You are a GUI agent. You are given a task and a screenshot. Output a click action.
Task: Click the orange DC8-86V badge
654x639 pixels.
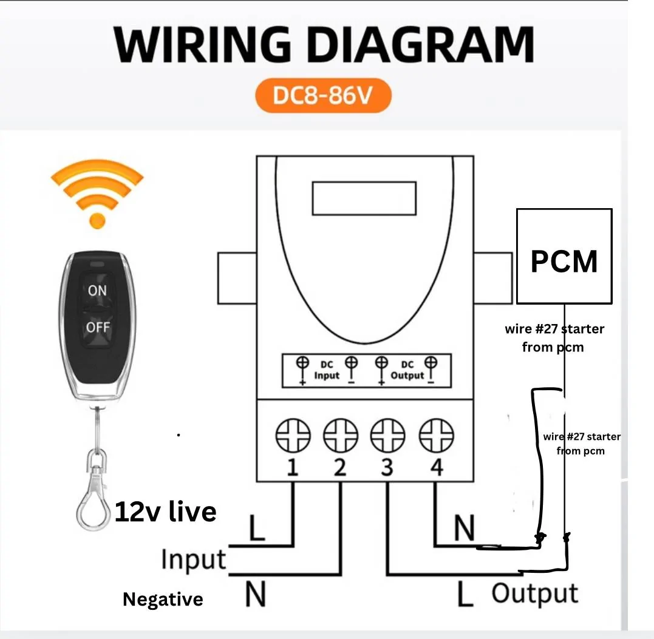click(323, 95)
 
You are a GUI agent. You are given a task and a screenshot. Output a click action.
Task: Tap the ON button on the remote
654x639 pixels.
click(97, 290)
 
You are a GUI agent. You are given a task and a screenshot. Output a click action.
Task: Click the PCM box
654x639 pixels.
click(564, 256)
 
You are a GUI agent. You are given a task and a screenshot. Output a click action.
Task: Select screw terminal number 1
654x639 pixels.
click(293, 436)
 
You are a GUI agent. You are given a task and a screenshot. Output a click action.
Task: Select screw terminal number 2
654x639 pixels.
click(341, 436)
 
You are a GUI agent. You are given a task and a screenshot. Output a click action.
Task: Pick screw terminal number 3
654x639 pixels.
click(388, 436)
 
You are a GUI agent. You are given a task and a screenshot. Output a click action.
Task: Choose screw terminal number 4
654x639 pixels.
click(436, 436)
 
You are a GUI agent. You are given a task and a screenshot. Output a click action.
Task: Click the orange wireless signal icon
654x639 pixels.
click(97, 194)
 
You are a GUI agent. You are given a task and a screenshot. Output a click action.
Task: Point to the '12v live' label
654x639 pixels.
click(166, 512)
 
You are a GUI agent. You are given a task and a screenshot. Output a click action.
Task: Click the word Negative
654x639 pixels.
click(163, 599)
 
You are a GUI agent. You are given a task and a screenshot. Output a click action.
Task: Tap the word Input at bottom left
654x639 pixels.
click(194, 559)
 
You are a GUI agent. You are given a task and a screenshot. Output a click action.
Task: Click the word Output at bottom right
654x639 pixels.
click(535, 593)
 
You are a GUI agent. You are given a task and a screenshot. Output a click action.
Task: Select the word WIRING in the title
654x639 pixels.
click(202, 44)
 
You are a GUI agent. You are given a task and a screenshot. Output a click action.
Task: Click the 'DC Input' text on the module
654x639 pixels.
click(327, 370)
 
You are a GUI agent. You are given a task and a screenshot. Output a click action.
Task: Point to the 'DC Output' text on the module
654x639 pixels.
click(407, 370)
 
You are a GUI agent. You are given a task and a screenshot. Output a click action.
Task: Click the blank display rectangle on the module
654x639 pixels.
click(364, 198)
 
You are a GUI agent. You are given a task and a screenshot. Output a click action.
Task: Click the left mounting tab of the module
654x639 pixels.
click(237, 278)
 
